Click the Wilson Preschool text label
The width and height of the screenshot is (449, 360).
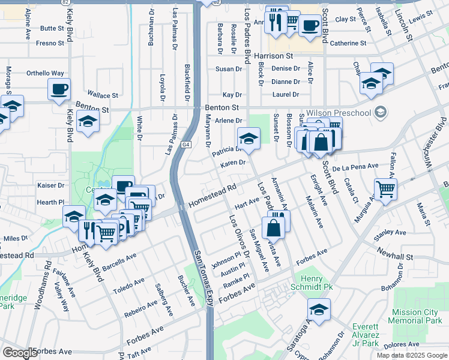click(x=339, y=112)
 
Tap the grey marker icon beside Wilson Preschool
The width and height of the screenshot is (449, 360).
click(x=379, y=112)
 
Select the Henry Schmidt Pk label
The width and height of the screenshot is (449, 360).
click(x=316, y=283)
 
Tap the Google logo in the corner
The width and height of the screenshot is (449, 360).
click(x=20, y=352)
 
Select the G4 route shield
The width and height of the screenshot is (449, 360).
click(x=187, y=145)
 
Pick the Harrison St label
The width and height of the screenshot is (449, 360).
click(x=276, y=56)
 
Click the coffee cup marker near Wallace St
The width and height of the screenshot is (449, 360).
click(x=59, y=89)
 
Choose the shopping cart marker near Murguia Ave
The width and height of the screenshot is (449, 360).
click(x=385, y=188)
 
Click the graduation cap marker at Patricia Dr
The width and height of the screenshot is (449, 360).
click(x=249, y=138)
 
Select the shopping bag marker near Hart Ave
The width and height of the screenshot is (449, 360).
click(x=274, y=227)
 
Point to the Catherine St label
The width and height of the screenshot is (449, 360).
click(x=348, y=43)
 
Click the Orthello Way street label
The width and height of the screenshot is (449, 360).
click(x=45, y=73)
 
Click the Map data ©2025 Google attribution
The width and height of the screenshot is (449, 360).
click(x=411, y=355)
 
